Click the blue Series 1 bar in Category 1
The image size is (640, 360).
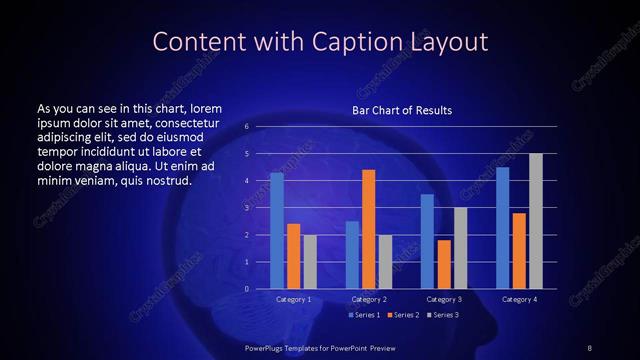point(277,230)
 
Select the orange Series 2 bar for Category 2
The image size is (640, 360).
point(369,229)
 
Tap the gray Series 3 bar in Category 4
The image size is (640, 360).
point(536,221)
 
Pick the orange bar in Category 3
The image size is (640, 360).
point(444,264)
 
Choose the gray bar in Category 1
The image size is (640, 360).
point(310,261)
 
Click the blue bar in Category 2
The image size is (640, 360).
point(352,254)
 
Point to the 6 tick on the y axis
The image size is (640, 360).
point(246,127)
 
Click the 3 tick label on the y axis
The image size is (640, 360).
point(246,208)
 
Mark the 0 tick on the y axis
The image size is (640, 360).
point(246,289)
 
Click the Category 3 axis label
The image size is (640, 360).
point(444,299)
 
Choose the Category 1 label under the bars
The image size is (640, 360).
point(293,299)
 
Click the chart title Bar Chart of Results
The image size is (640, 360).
point(402,110)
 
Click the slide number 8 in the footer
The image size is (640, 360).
point(590,347)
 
